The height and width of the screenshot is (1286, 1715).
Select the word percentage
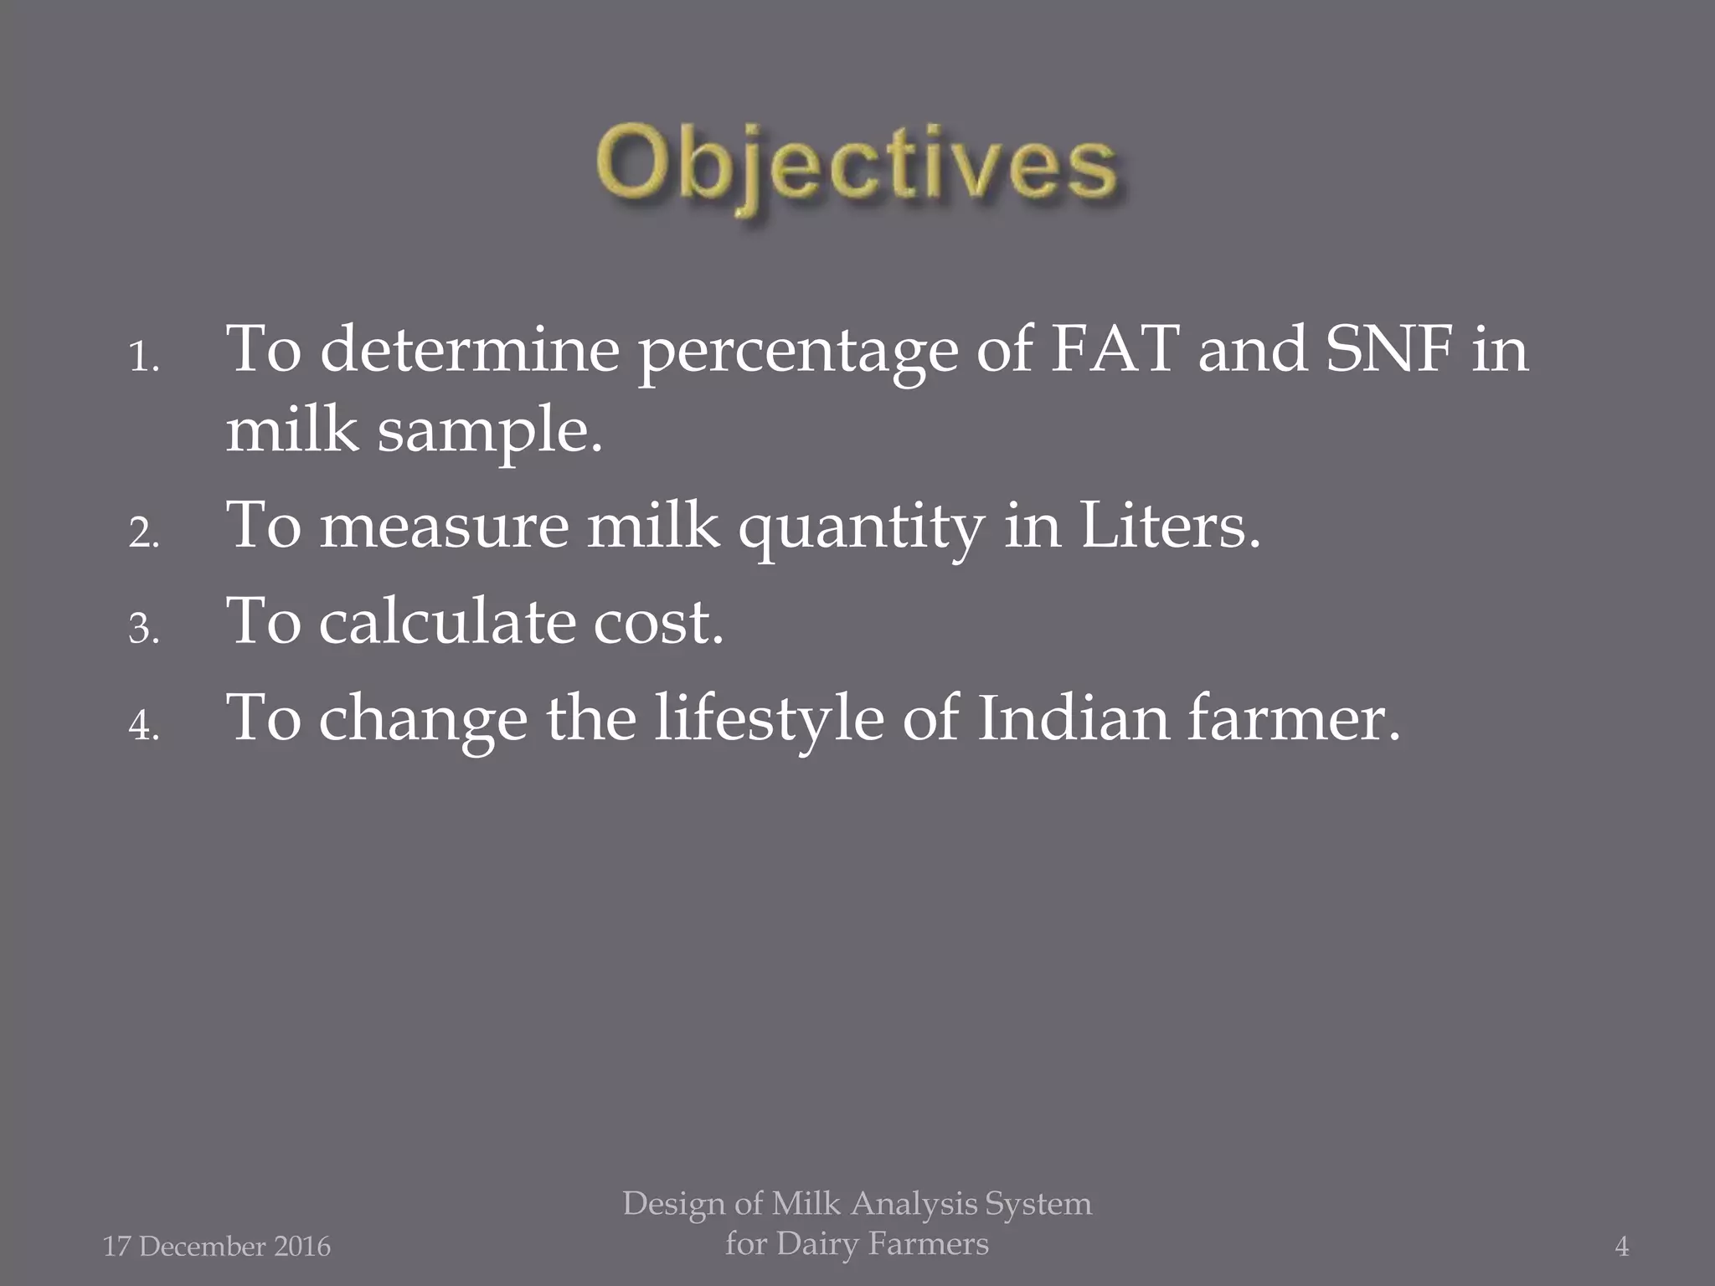797,353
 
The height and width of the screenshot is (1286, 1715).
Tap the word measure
444,527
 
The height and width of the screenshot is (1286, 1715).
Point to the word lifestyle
768,720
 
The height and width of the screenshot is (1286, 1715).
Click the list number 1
142,360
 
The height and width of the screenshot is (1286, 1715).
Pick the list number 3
142,630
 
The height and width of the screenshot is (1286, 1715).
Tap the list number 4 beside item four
142,725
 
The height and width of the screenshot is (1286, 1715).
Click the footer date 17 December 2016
217,1247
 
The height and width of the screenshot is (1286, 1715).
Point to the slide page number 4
1621,1247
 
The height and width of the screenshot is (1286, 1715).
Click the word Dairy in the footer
816,1244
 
